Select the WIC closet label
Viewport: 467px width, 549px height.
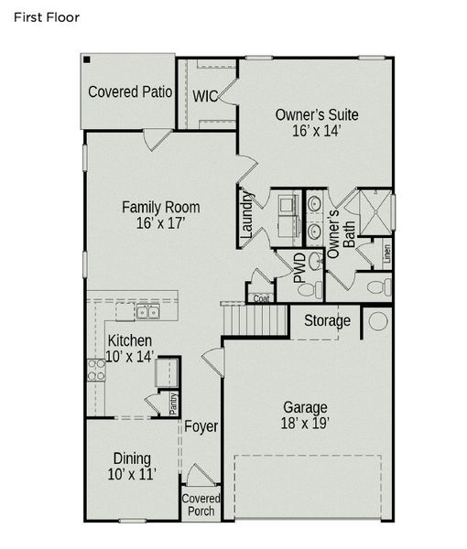[204, 95]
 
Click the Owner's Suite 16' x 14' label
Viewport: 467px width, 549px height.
[317, 123]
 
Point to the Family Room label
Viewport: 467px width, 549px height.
[161, 215]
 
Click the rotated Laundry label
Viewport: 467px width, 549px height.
[246, 215]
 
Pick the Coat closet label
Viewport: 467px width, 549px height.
[261, 298]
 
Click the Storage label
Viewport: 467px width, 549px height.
[327, 321]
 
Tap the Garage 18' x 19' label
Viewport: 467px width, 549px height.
[305, 415]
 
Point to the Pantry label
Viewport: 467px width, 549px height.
[173, 404]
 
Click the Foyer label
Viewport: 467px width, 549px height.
[201, 426]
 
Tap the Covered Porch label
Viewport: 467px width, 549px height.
[201, 504]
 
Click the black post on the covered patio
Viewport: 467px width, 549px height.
[86, 59]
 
